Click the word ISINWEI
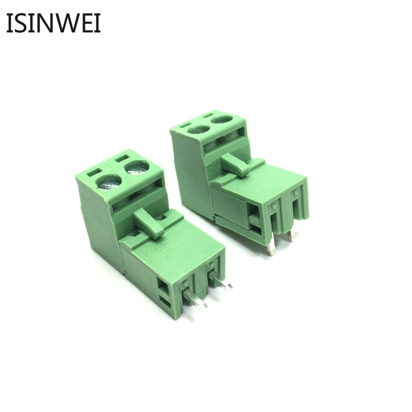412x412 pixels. [x=53, y=24]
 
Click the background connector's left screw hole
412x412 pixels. [x=198, y=129]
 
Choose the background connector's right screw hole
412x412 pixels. [x=221, y=119]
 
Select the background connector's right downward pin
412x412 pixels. [x=291, y=235]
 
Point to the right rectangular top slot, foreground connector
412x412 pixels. [x=122, y=157]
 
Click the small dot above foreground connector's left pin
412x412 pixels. [x=185, y=282]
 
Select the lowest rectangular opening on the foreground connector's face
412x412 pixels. [x=164, y=299]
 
